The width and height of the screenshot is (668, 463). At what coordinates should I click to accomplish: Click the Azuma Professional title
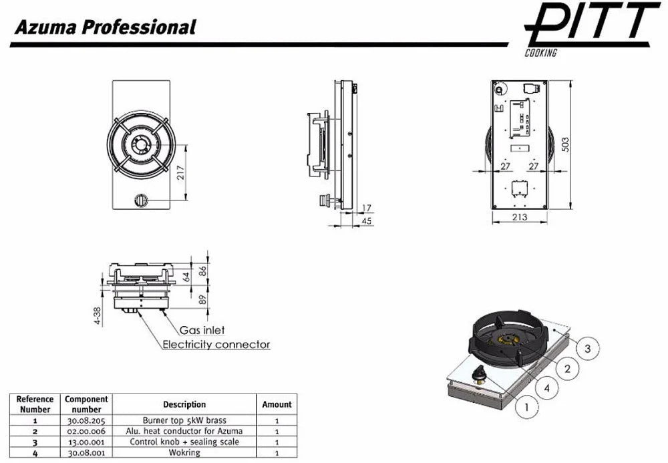(105, 27)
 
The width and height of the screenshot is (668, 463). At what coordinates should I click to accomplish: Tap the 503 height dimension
(565, 145)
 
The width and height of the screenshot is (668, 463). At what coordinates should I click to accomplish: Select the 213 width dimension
(520, 217)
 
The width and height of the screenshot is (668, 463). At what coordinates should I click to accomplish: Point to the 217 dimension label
(180, 172)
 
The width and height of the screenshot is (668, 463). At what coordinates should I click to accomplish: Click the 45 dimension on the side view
(366, 220)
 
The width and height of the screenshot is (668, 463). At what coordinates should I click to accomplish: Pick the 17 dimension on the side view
(366, 208)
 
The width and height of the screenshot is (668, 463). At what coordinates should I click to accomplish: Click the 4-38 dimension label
(98, 316)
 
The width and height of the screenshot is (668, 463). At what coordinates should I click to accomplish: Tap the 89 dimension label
(203, 299)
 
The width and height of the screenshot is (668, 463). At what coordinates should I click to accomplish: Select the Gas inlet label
(202, 330)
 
